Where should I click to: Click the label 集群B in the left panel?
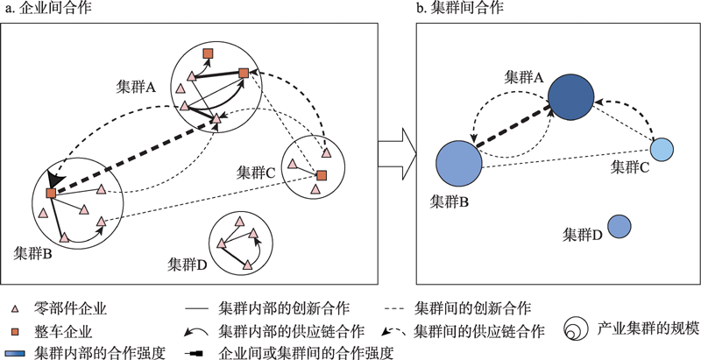(x=34, y=253)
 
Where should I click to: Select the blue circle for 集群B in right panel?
(x=459, y=162)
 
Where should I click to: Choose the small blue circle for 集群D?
(x=620, y=227)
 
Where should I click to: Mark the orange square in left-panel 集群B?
(x=51, y=192)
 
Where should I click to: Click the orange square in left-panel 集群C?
(x=322, y=176)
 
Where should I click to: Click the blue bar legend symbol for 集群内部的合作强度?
(x=15, y=353)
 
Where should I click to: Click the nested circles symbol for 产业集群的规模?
(x=574, y=330)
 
